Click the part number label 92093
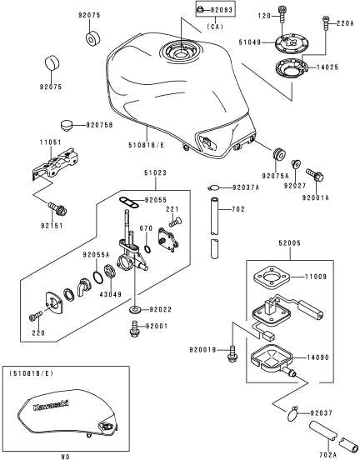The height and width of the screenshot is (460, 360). (221, 10)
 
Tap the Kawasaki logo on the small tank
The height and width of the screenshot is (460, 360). (51, 405)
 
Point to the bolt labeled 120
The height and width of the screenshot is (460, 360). (282, 13)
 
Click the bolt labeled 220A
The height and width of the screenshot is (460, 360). (326, 22)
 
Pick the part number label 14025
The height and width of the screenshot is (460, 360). (327, 67)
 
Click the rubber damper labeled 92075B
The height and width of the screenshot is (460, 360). (67, 126)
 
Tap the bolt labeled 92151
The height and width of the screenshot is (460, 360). (57, 208)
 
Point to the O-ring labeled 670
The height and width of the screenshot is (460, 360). (148, 249)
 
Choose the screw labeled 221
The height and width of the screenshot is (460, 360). (175, 222)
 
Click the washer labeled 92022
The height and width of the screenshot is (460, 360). (135, 309)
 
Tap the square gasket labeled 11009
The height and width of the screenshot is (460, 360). (272, 277)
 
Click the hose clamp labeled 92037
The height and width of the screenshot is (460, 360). (292, 413)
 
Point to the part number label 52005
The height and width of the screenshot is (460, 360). (290, 243)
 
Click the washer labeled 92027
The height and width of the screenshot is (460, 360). (295, 163)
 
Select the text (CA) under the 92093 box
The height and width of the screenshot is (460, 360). (215, 27)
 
